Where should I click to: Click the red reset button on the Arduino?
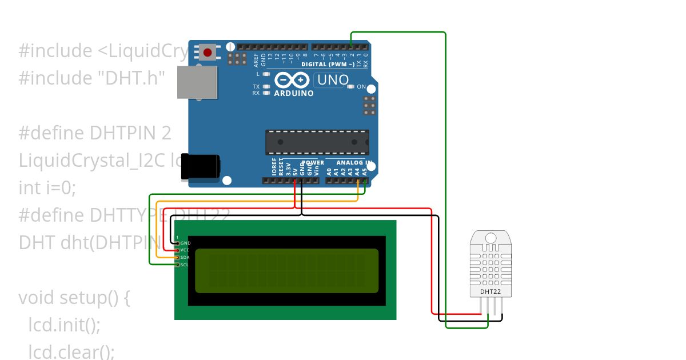pyautogui.click(x=208, y=53)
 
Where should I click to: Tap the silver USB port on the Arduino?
pyautogui.click(x=197, y=82)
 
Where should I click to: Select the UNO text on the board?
pyautogui.click(x=332, y=80)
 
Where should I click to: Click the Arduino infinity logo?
pyautogui.click(x=293, y=80)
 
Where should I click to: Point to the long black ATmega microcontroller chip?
pyautogui.click(x=317, y=142)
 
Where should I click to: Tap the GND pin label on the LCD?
pyautogui.click(x=185, y=243)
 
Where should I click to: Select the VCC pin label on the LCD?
pyautogui.click(x=185, y=250)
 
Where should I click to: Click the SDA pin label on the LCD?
pyautogui.click(x=185, y=257)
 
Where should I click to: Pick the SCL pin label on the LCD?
pyautogui.click(x=185, y=265)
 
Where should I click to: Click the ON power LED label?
pyautogui.click(x=361, y=87)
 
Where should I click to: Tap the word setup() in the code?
pyautogui.click(x=95, y=298)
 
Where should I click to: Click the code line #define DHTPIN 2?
pyautogui.click(x=95, y=133)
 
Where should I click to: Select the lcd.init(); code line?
pyautogui.click(x=64, y=325)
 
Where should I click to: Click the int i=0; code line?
pyautogui.click(x=47, y=187)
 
